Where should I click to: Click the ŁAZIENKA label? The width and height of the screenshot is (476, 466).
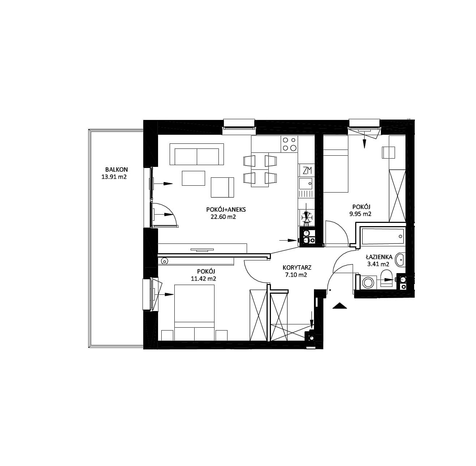coord(379,258)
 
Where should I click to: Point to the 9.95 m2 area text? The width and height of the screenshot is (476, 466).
coord(360,214)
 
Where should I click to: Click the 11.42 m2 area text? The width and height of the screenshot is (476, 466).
coord(203,279)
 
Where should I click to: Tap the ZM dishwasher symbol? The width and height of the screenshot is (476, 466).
coord(307,170)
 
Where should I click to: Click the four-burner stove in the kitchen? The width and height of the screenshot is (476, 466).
coord(289,144)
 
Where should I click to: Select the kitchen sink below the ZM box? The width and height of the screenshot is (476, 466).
coord(306,184)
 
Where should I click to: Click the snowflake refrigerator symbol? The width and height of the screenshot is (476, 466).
coord(307,217)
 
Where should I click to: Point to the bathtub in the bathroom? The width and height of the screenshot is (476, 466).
coord(383,236)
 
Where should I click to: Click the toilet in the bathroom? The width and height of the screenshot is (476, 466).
coord(386,279)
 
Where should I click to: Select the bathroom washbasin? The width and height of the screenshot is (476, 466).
coord(400,260)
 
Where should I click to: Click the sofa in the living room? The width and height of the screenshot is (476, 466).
coord(197,154)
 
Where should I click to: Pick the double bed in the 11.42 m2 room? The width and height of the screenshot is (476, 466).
coord(194,313)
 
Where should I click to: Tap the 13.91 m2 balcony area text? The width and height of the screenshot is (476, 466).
coord(114,177)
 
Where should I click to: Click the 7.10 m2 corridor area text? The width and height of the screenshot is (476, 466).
coord(296,275)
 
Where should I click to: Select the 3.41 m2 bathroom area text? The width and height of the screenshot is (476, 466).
coord(378,264)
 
